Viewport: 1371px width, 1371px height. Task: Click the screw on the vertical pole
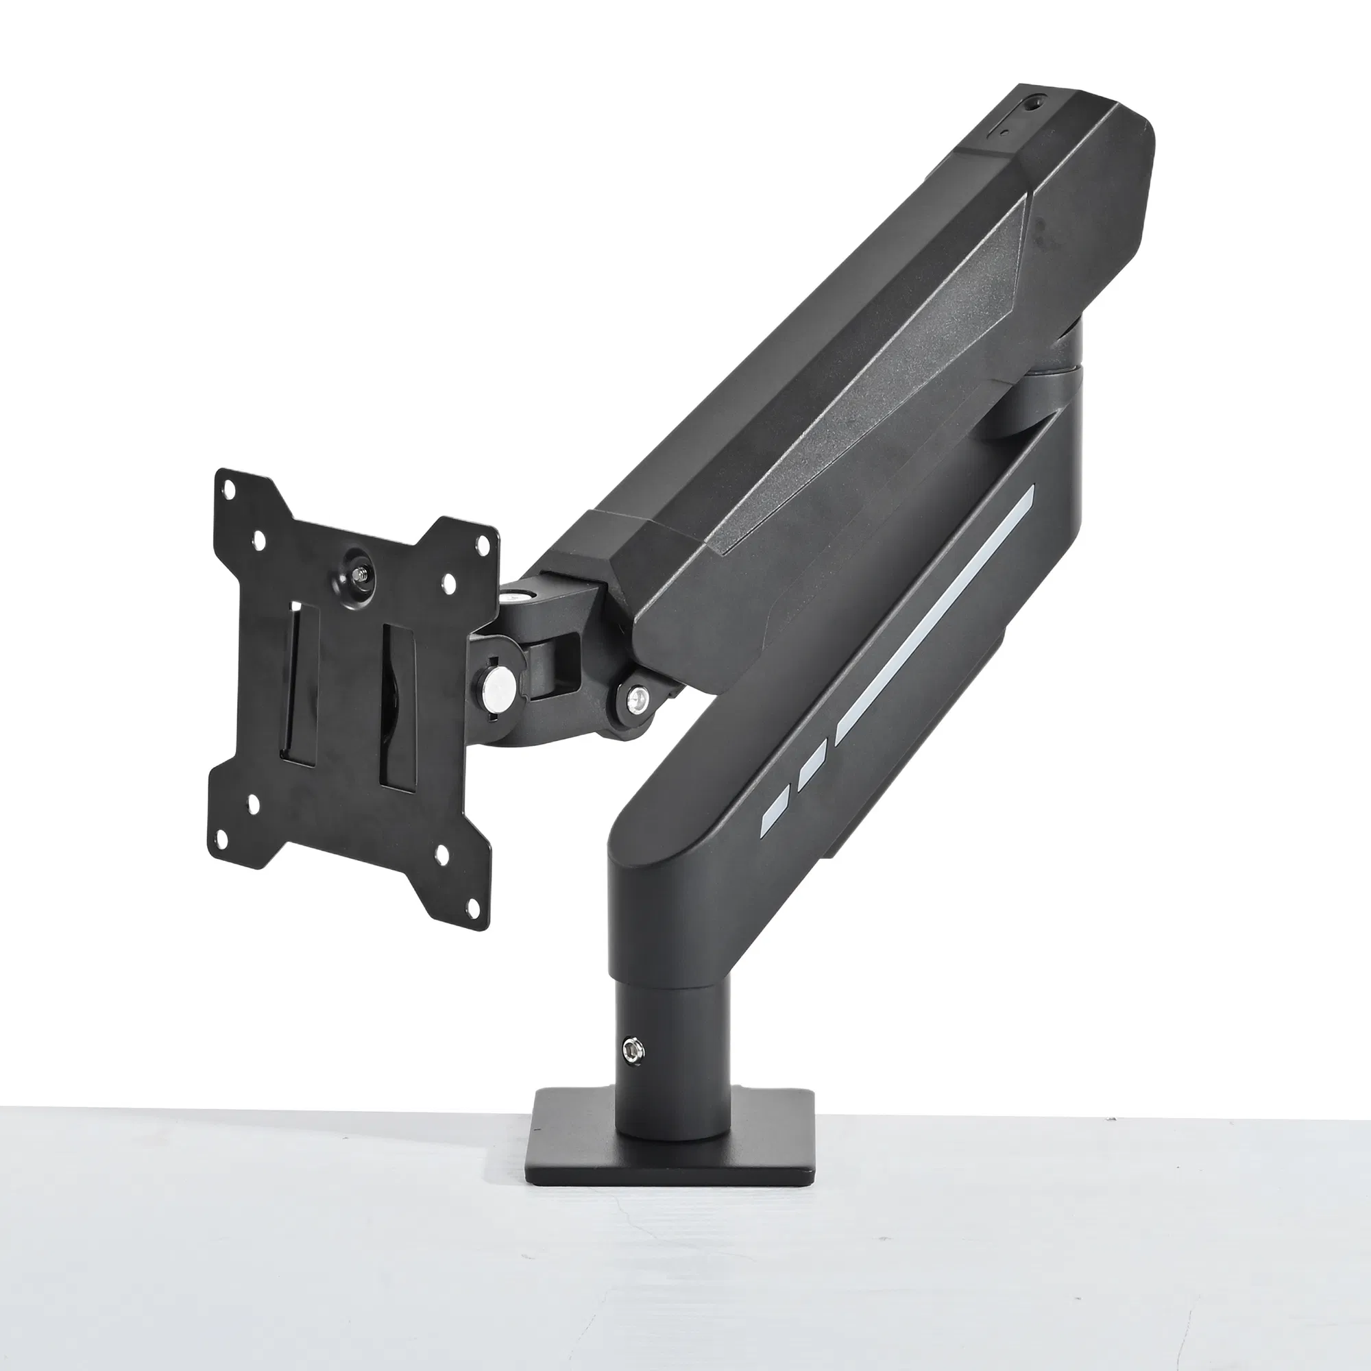630,1050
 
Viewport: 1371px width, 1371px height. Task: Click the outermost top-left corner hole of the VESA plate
230,490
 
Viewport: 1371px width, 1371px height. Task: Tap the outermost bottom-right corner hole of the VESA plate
473,903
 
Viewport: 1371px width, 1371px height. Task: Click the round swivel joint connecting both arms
1050,369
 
